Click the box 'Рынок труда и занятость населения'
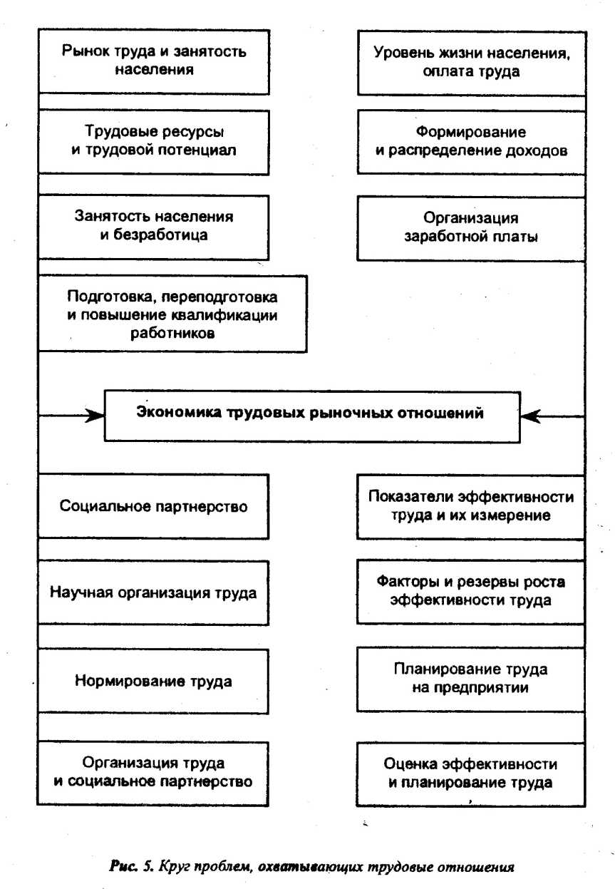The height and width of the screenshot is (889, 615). (x=154, y=61)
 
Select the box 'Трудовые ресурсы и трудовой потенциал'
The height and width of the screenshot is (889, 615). (x=154, y=141)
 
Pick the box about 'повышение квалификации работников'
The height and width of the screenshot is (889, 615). (x=172, y=314)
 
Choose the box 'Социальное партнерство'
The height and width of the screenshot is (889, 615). (x=154, y=507)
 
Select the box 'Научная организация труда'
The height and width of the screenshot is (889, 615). (x=154, y=592)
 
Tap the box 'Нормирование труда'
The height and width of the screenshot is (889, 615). (x=154, y=681)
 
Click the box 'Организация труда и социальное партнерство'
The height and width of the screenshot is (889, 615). (x=154, y=773)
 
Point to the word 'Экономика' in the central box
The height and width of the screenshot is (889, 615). (x=167, y=413)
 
